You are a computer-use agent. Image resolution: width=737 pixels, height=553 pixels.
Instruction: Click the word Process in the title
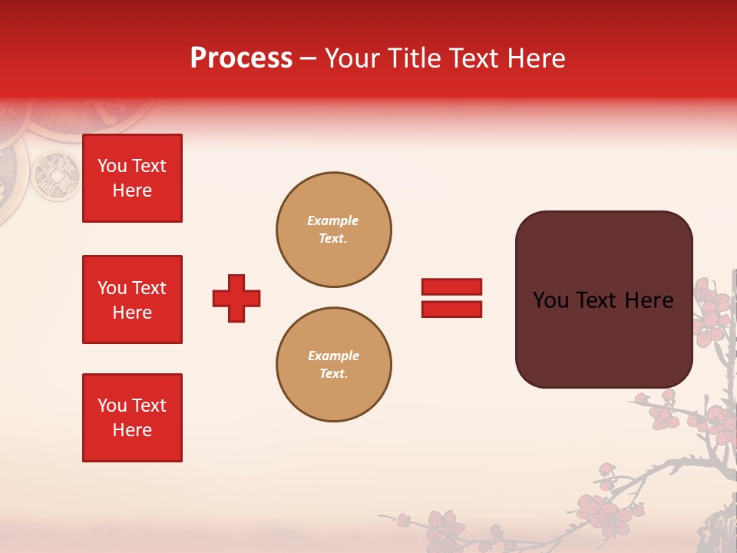click(x=241, y=58)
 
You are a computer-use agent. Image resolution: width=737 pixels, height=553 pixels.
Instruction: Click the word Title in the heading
click(x=412, y=58)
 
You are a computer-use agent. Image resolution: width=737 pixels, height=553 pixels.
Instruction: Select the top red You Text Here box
click(x=132, y=178)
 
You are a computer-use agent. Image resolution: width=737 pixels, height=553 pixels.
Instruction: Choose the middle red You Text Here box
click(x=132, y=300)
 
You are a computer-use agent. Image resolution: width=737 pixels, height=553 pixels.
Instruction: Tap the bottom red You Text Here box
click(x=132, y=418)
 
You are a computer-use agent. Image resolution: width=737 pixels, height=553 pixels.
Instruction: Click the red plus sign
click(x=236, y=298)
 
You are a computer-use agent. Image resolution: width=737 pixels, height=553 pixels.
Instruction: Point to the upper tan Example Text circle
click(x=334, y=230)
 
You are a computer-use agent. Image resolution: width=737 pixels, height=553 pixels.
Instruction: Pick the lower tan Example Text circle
click(x=334, y=365)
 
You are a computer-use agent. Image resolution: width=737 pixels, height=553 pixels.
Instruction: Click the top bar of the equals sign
click(x=451, y=287)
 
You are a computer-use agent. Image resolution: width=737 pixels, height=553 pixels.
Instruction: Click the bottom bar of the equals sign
click(x=451, y=310)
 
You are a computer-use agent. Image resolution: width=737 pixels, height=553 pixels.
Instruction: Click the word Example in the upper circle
click(x=333, y=220)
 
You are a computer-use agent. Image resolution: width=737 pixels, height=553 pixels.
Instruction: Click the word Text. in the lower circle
click(x=333, y=374)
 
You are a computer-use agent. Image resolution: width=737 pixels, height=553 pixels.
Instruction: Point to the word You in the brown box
click(x=550, y=300)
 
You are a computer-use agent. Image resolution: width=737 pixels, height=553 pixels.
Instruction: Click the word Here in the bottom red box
click(x=132, y=430)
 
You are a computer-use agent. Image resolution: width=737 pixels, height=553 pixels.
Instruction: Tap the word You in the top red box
click(x=112, y=166)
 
